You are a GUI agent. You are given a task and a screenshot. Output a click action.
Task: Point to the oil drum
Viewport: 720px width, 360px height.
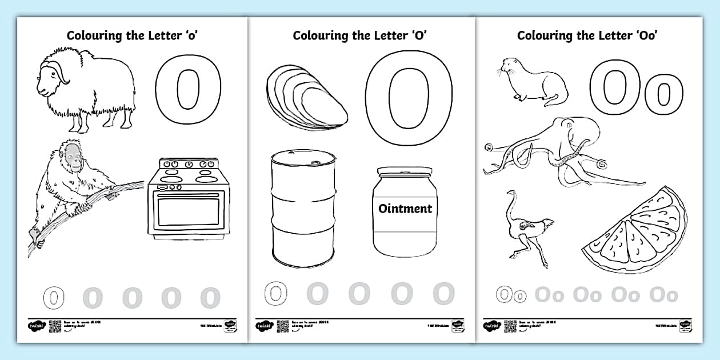303,209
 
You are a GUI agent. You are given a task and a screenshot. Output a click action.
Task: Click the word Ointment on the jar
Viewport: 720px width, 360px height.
405,209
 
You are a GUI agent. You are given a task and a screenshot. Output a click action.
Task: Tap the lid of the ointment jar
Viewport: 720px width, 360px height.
405,171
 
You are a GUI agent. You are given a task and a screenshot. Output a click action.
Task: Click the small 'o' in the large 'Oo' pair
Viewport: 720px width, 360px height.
663,95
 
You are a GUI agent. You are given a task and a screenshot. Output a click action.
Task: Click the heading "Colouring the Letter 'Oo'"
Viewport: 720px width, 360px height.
587,35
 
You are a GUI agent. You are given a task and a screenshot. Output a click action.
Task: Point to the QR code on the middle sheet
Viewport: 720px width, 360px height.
282,326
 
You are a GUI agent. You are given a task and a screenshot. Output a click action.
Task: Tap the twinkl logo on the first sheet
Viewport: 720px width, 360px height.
35,326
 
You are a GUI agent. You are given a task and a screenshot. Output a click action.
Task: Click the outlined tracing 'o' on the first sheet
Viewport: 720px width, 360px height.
52,298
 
